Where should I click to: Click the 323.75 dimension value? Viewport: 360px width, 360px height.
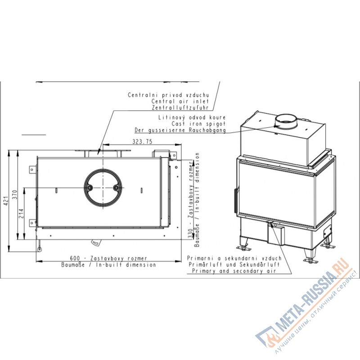[142, 142]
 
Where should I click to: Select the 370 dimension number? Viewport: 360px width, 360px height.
[15, 195]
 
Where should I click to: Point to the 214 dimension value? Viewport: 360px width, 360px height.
[21, 213]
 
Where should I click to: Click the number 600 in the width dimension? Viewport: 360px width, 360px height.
[75, 258]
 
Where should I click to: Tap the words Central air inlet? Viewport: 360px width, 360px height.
[180, 101]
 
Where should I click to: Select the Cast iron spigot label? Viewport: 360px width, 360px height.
[198, 124]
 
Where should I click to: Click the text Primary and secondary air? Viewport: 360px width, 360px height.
[234, 271]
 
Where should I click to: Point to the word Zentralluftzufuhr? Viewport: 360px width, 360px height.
[180, 108]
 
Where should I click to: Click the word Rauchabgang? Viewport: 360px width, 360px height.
[207, 130]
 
